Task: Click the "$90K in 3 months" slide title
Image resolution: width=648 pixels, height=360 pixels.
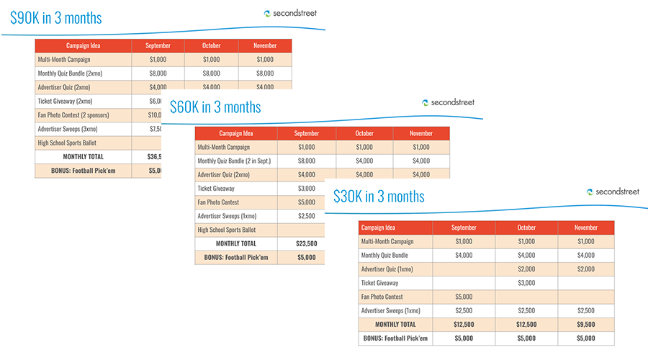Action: pyautogui.click(x=56, y=17)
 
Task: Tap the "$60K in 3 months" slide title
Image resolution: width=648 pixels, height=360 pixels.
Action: pyautogui.click(x=215, y=107)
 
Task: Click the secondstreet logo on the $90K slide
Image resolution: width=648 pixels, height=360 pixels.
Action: pyautogui.click(x=290, y=13)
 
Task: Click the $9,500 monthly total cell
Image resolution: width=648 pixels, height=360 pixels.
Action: pyautogui.click(x=585, y=324)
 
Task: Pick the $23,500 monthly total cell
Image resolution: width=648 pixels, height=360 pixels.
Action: pyautogui.click(x=307, y=243)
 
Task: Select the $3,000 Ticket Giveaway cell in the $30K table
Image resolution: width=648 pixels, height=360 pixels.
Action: pyautogui.click(x=526, y=283)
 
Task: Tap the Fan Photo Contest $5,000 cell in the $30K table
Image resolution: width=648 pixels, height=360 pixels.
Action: pyautogui.click(x=464, y=297)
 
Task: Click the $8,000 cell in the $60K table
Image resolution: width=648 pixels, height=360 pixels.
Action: pyautogui.click(x=307, y=161)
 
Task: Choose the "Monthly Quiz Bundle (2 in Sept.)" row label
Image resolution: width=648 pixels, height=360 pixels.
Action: pyautogui.click(x=233, y=161)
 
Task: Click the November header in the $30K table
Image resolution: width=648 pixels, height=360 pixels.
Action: pyautogui.click(x=585, y=228)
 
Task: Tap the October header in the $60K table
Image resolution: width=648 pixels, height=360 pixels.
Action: pyautogui.click(x=364, y=133)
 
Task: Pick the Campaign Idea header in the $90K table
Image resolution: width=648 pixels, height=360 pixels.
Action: pyautogui.click(x=83, y=46)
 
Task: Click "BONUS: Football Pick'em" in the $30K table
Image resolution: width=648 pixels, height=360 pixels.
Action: pyautogui.click(x=395, y=338)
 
